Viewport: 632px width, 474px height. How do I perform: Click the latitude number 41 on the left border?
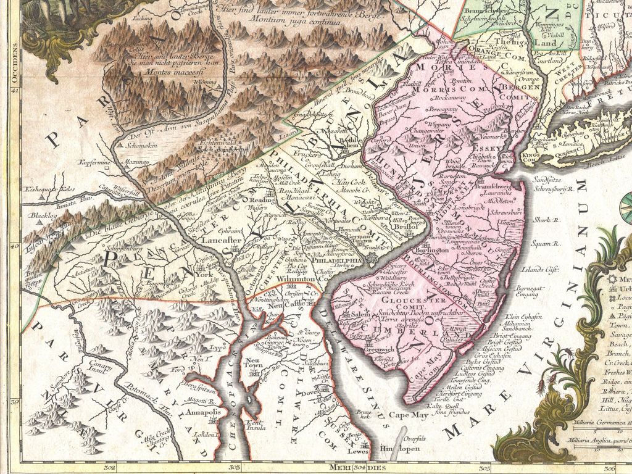tap(15, 91)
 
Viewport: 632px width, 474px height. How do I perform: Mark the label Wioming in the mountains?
tap(205, 81)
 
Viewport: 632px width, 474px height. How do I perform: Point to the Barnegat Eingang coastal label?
tap(531, 291)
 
